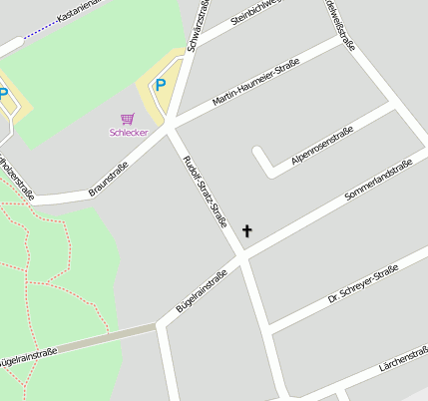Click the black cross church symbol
pos(246,231)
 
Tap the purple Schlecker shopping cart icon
pos(127,119)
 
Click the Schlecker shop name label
pos(128,132)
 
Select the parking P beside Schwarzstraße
pos(160,86)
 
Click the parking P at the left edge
pos(3,94)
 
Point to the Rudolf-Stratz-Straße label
pos(206,193)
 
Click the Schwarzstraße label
pos(197,21)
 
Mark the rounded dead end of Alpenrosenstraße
pos(261,155)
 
